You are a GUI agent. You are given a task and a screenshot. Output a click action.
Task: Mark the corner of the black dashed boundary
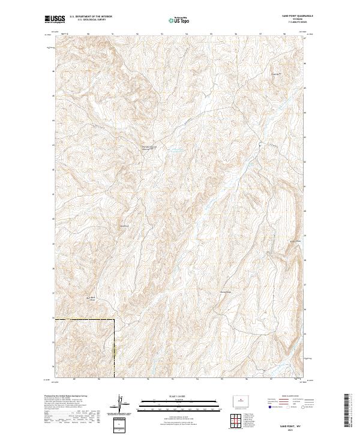[114, 320]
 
